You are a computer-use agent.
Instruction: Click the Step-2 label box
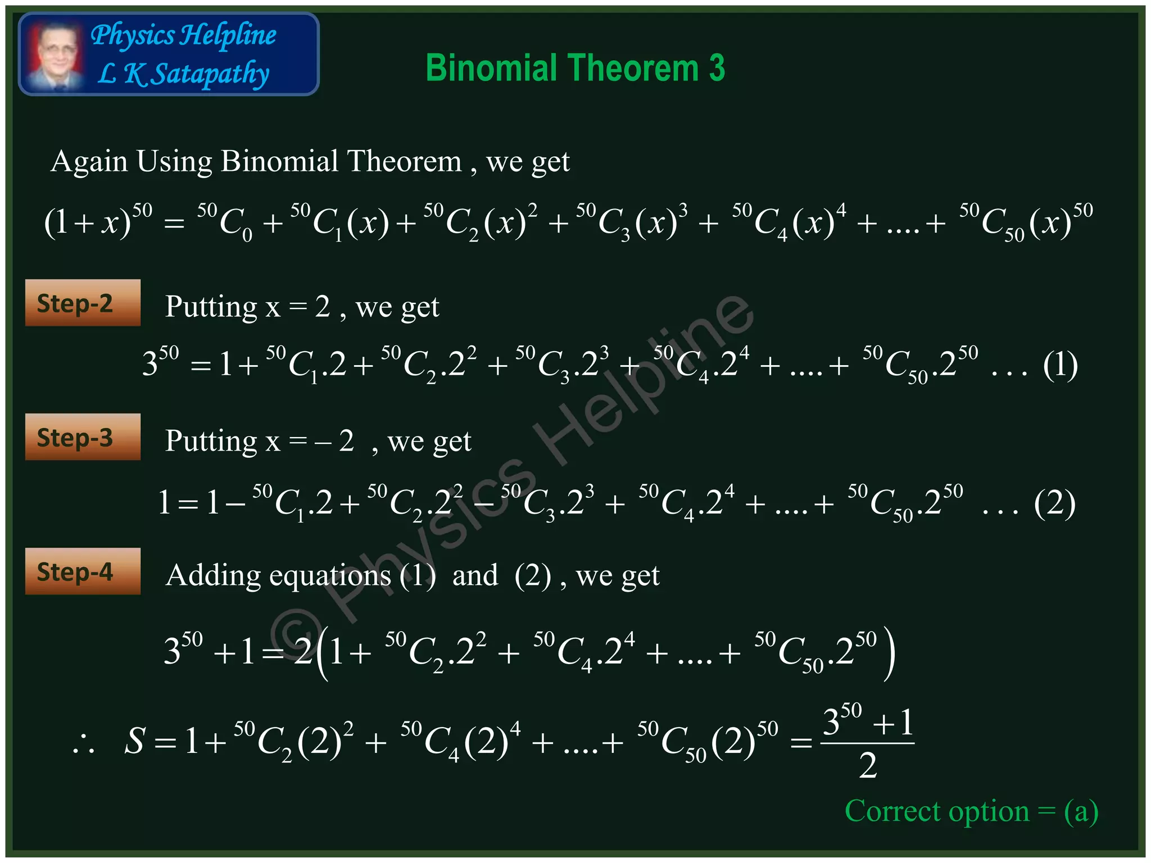83,303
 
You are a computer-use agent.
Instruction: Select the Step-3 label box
83,437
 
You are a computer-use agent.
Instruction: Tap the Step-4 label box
83,571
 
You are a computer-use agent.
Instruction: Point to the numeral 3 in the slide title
717,68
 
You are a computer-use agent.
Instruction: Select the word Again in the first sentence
89,162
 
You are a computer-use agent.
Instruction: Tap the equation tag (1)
1060,365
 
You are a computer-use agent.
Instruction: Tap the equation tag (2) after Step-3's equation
1054,503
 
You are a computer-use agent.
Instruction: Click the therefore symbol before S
84,744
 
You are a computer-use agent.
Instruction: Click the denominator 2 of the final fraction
868,766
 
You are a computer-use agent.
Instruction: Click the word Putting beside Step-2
211,307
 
